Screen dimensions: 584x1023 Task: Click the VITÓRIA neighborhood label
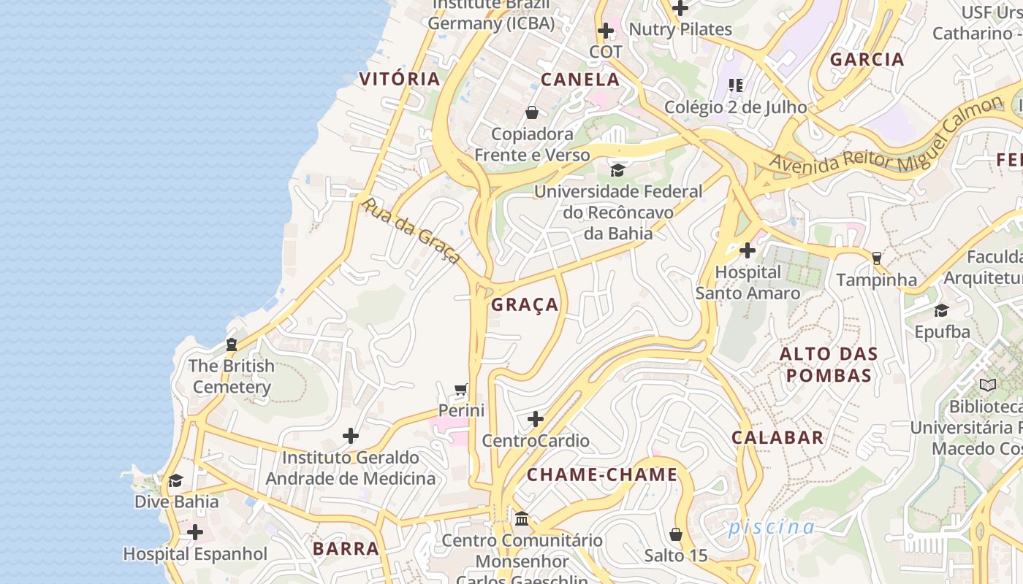pyautogui.click(x=400, y=79)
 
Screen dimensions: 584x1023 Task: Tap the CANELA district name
pyautogui.click(x=580, y=80)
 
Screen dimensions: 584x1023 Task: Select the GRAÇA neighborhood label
pyautogui.click(x=525, y=304)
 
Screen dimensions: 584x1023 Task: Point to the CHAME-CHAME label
pyautogui.click(x=602, y=474)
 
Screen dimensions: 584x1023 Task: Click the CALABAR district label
pyautogui.click(x=777, y=437)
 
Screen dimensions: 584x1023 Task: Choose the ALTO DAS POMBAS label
pyautogui.click(x=828, y=364)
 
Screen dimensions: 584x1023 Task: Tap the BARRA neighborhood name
pyautogui.click(x=346, y=548)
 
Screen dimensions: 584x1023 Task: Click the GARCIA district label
pyautogui.click(x=867, y=60)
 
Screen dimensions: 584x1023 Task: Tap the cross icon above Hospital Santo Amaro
pyautogui.click(x=747, y=250)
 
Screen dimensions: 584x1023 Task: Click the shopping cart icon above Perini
pyautogui.click(x=460, y=389)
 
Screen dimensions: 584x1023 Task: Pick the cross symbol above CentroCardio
pyautogui.click(x=536, y=419)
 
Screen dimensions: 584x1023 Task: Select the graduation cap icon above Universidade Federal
pyautogui.click(x=617, y=170)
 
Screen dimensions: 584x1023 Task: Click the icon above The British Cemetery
pyautogui.click(x=232, y=344)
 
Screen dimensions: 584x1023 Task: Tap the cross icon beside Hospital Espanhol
pyautogui.click(x=195, y=532)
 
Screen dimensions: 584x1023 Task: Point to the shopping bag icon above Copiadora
pyautogui.click(x=532, y=112)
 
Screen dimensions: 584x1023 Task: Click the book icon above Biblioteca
pyautogui.click(x=987, y=385)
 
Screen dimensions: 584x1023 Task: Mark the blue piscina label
pyautogui.click(x=771, y=526)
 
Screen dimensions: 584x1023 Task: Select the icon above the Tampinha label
pyautogui.click(x=876, y=258)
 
